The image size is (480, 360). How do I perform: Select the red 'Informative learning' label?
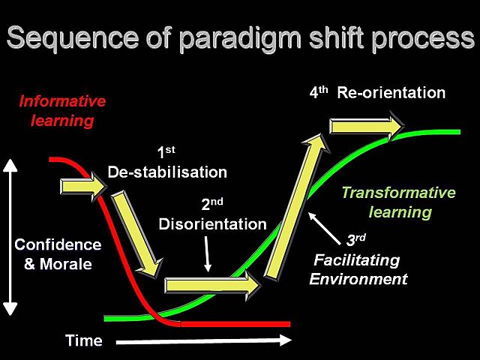tap(62, 110)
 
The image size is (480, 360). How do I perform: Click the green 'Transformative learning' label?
tap(398, 202)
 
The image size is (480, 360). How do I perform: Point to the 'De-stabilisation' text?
tap(167, 172)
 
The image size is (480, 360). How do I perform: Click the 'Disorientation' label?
tap(212, 223)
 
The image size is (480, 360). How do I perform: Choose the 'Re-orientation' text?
tap(391, 93)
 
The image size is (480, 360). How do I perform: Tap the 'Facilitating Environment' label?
tap(358, 269)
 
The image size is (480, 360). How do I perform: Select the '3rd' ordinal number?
tap(355, 241)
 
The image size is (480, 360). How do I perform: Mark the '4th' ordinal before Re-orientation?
tap(319, 93)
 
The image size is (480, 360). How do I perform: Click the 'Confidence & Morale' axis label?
tap(58, 254)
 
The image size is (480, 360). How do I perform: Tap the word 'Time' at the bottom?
tap(83, 341)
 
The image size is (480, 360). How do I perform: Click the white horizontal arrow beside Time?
tap(202, 341)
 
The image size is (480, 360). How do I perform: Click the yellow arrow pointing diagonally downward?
tap(137, 232)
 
